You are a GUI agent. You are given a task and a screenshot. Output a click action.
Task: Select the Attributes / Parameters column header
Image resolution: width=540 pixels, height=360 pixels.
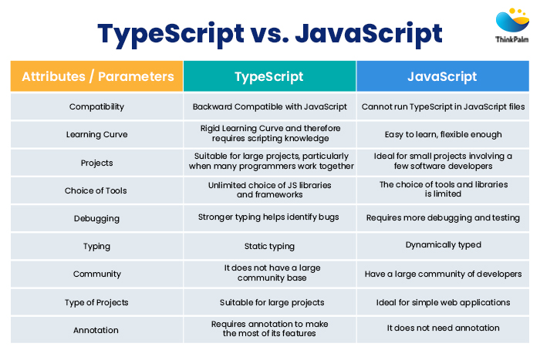pyautogui.click(x=97, y=76)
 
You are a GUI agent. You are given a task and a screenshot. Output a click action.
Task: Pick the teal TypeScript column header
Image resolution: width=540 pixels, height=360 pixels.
pyautogui.click(x=268, y=76)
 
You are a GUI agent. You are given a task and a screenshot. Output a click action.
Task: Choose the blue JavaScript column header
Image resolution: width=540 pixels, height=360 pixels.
pyautogui.click(x=442, y=76)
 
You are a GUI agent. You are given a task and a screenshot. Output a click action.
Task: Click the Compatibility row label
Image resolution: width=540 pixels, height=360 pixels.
pyautogui.click(x=96, y=106)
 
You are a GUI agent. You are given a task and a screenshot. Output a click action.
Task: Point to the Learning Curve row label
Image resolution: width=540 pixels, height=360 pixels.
pyautogui.click(x=96, y=134)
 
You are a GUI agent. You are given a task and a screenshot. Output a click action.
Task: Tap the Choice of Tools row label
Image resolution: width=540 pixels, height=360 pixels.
pyautogui.click(x=96, y=190)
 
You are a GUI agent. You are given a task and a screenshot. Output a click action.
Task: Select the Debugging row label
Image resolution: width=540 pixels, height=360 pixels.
pyautogui.click(x=96, y=218)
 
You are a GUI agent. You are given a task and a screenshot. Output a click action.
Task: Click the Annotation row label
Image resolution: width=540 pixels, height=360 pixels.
pyautogui.click(x=96, y=330)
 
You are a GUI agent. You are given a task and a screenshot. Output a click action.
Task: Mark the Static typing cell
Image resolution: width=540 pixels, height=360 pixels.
pyautogui.click(x=268, y=246)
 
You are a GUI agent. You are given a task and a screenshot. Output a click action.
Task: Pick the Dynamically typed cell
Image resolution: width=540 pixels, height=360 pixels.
pyautogui.click(x=442, y=245)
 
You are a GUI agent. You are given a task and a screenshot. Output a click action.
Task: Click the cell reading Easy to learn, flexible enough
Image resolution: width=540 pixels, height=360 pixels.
pyautogui.click(x=442, y=134)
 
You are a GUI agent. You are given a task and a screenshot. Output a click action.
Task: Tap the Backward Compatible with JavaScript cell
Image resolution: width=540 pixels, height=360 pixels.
pyautogui.click(x=268, y=106)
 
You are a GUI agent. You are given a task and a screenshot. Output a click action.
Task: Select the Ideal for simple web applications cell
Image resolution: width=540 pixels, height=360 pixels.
pyautogui.click(x=442, y=301)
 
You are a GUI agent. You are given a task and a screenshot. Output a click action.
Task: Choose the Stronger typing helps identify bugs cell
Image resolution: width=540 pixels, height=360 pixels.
pyautogui.click(x=268, y=217)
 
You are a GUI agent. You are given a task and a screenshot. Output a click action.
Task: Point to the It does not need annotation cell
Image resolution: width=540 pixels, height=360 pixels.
pyautogui.click(x=442, y=328)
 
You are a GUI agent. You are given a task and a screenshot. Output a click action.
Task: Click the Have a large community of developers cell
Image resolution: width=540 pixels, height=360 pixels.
pyautogui.click(x=442, y=274)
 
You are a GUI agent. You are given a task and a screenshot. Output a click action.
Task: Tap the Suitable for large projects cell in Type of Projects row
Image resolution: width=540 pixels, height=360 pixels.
pyautogui.click(x=268, y=301)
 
